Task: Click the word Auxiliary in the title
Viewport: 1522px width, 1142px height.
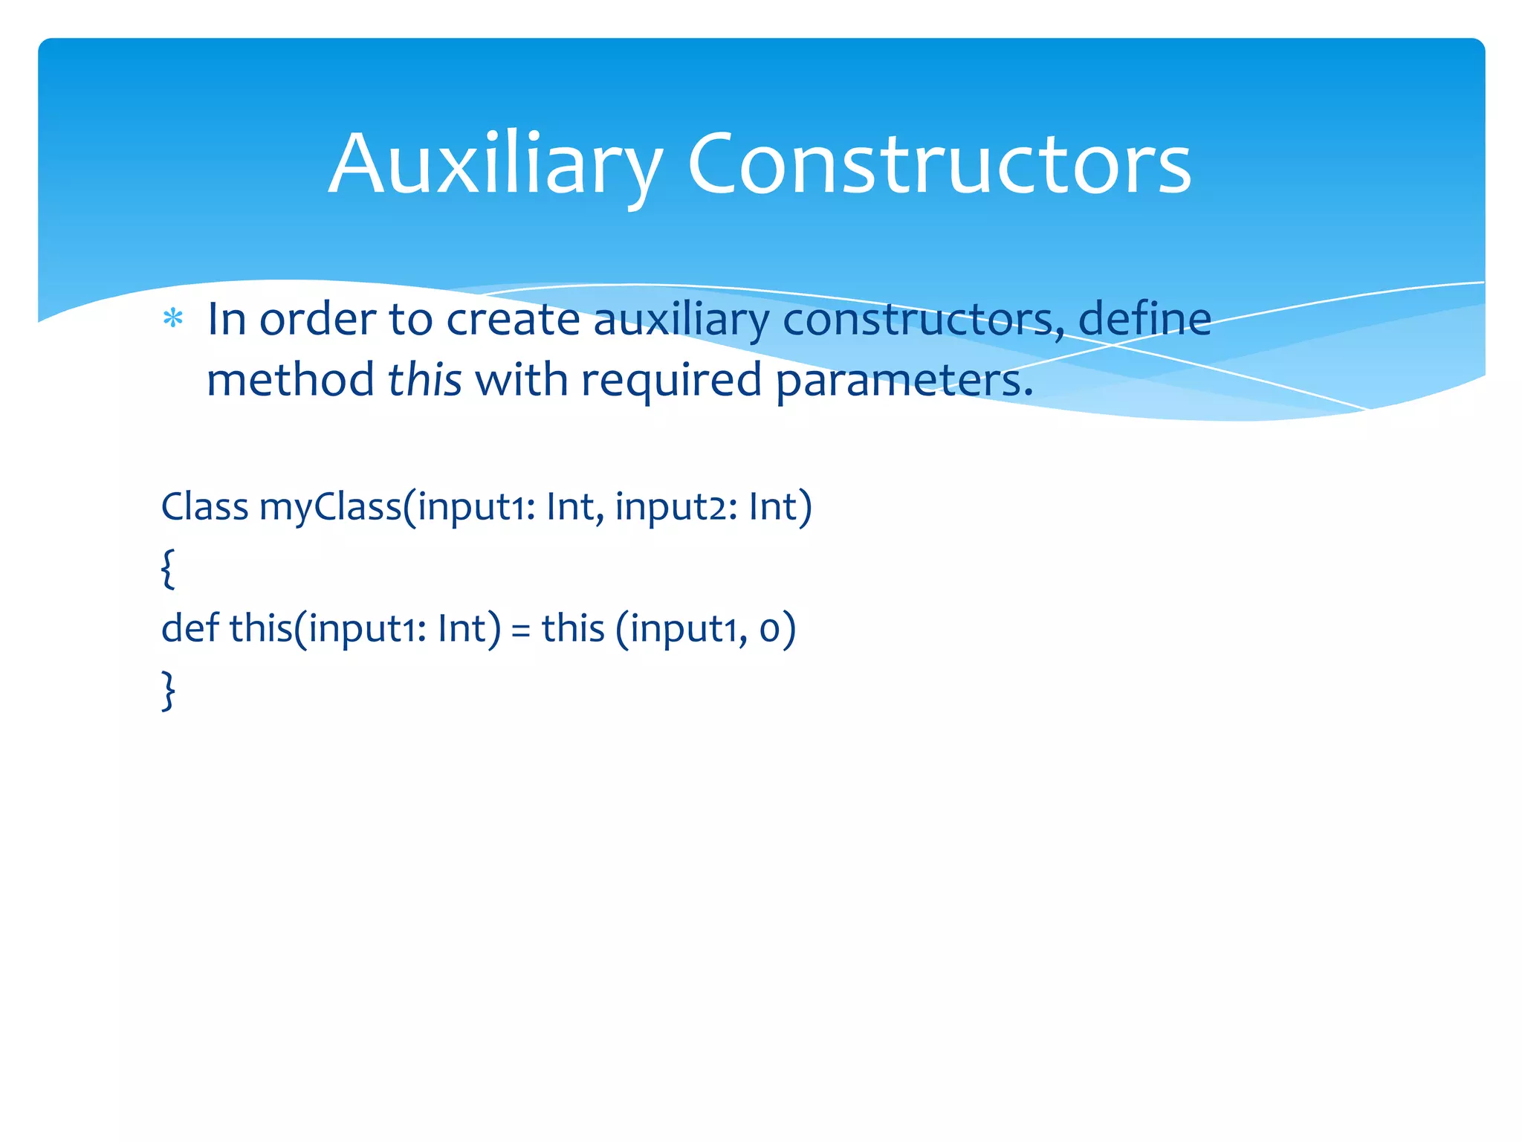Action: [x=494, y=165]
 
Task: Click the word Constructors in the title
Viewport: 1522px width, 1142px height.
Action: [x=939, y=165]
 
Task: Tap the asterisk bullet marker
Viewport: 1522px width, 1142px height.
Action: [x=173, y=320]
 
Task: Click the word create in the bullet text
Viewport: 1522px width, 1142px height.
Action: [x=513, y=320]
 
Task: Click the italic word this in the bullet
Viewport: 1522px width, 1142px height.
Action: [x=424, y=380]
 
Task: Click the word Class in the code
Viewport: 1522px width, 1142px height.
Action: [x=204, y=507]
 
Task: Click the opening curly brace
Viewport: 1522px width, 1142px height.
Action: [x=169, y=569]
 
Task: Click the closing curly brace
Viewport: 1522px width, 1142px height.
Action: [x=169, y=691]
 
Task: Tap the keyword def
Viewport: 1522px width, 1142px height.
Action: [x=190, y=628]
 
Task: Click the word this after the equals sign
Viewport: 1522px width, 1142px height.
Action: [x=572, y=628]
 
